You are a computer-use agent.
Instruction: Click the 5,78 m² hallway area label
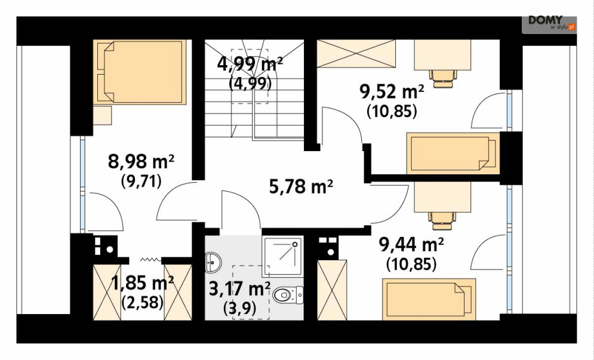click(x=301, y=186)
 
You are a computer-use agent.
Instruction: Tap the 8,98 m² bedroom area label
click(x=141, y=162)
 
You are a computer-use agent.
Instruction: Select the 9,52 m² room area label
click(x=392, y=92)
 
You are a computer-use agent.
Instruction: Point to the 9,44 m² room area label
click(x=411, y=244)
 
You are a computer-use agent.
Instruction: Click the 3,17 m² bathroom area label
click(x=239, y=289)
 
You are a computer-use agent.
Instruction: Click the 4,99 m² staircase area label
click(x=250, y=64)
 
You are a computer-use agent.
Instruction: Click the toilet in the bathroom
click(x=288, y=294)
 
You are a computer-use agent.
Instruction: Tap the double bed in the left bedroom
click(x=140, y=72)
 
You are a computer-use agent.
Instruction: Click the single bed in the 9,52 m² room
click(x=453, y=153)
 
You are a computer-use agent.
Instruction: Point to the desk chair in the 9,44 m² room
click(x=442, y=221)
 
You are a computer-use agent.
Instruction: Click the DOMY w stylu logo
click(x=549, y=23)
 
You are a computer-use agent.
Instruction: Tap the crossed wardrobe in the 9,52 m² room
click(x=356, y=54)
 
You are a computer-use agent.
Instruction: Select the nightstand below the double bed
click(x=102, y=115)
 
